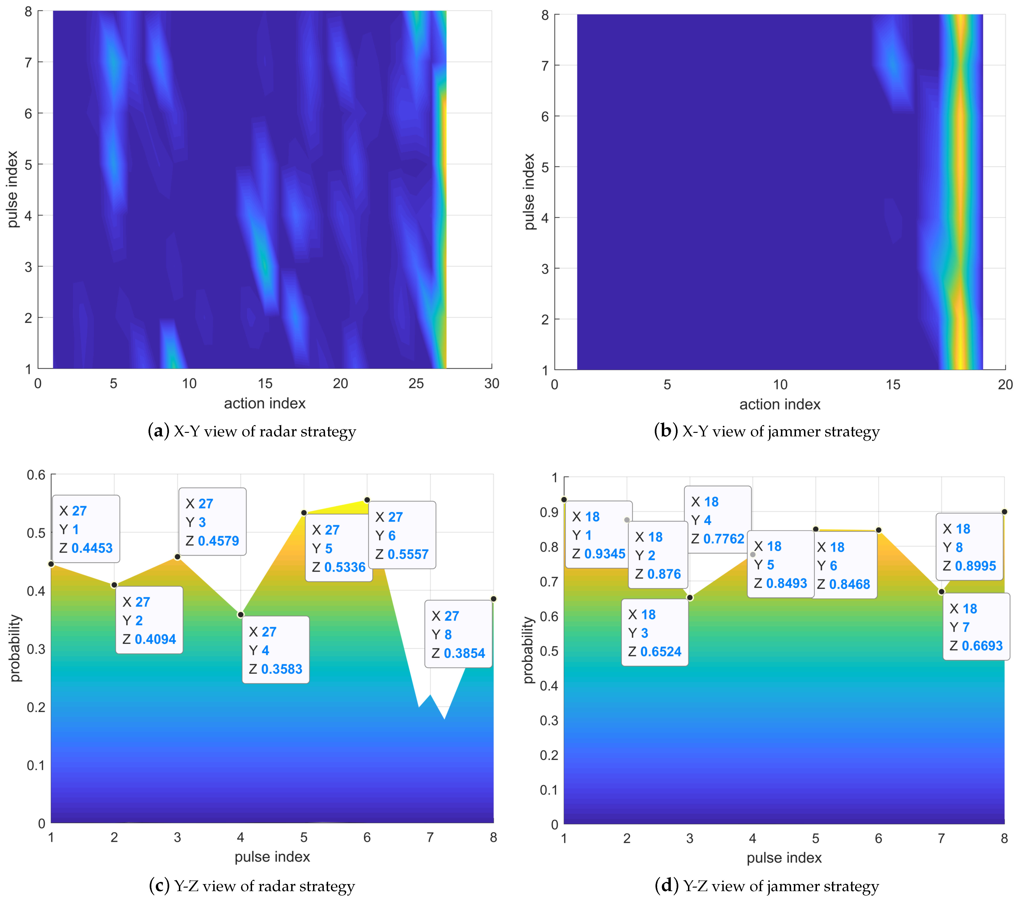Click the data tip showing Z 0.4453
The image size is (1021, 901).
[86, 529]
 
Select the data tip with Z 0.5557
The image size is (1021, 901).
[402, 535]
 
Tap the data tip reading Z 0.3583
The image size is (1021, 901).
[276, 650]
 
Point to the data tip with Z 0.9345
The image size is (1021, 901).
[599, 535]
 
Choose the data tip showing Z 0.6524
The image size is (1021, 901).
[655, 632]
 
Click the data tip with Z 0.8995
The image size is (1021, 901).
[969, 547]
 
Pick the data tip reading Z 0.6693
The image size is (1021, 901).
[976, 627]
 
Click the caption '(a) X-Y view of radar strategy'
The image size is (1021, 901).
[252, 431]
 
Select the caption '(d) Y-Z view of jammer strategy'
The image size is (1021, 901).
[767, 886]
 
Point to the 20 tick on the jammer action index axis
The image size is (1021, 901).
[1005, 384]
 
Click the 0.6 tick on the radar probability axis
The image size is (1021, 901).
[36, 475]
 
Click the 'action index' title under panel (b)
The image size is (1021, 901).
[780, 404]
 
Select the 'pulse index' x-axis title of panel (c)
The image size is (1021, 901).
[272, 857]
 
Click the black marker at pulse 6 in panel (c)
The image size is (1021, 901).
[367, 500]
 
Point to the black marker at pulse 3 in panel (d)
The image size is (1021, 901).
[690, 598]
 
